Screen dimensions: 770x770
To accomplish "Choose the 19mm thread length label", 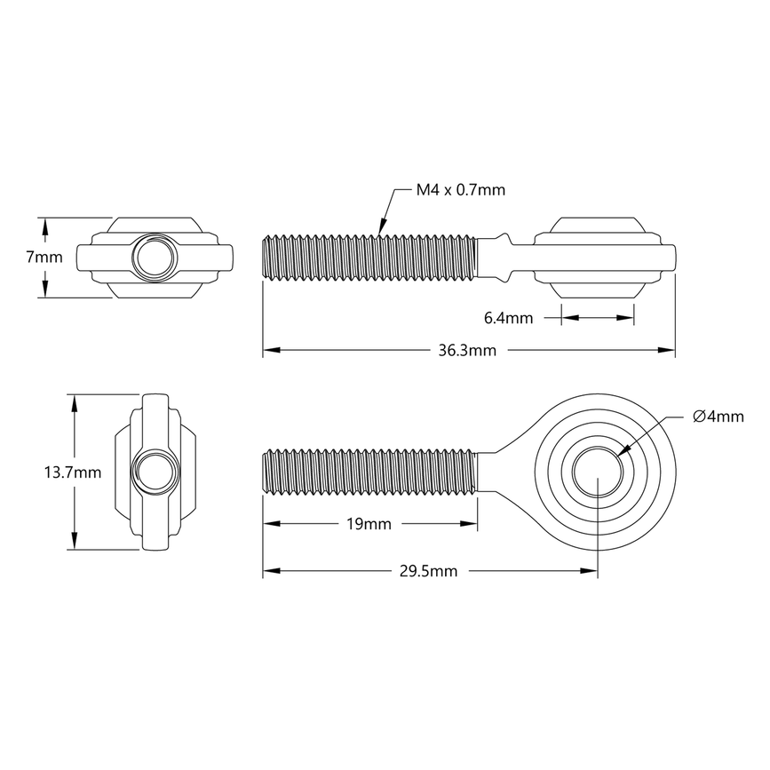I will [x=367, y=524].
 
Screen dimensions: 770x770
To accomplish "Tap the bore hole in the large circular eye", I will [x=598, y=472].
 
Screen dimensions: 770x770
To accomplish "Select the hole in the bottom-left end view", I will [x=155, y=472].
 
